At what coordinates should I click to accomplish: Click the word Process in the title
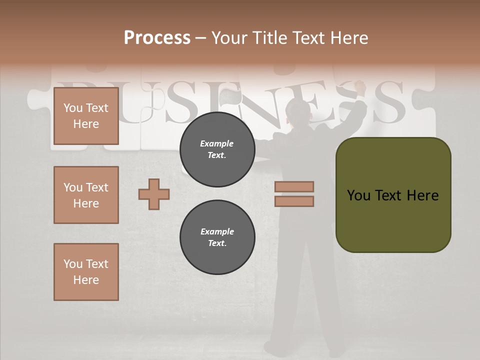pos(157,38)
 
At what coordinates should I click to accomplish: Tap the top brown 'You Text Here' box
pos(86,116)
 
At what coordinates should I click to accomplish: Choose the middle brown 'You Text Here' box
pos(86,195)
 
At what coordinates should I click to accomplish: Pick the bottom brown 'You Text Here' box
pos(86,272)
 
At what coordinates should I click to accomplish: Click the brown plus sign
pos(154,194)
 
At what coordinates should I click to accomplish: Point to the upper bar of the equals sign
pos(294,186)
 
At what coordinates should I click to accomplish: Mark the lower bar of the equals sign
pos(294,201)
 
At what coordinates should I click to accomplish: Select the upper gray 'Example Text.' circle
pos(217,149)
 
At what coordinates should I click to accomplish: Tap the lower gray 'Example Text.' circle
pos(217,237)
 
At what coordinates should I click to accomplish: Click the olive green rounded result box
pos(393,195)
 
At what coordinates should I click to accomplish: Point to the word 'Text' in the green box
pos(390,195)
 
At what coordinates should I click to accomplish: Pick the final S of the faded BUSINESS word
pos(384,102)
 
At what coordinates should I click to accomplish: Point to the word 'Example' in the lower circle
pos(217,231)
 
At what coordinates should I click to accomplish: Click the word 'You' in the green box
pos(358,195)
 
